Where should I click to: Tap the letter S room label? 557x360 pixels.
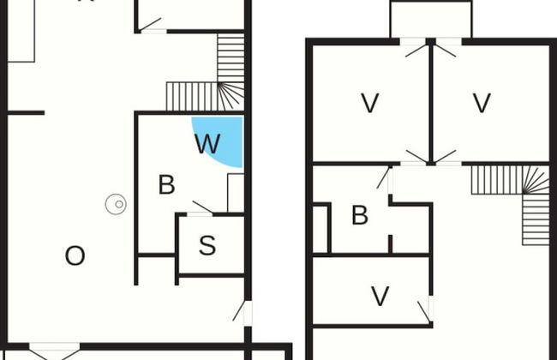[207, 245]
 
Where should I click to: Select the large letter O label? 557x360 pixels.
[75, 256]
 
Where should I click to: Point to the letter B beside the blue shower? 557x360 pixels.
[166, 184]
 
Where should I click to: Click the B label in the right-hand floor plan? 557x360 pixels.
[360, 215]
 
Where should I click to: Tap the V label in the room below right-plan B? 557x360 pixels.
[380, 296]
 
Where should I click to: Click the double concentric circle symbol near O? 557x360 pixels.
[116, 204]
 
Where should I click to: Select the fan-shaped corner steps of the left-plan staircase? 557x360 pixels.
[231, 96]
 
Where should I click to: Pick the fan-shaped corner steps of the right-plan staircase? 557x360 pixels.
[536, 181]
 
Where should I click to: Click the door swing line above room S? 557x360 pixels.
[202, 207]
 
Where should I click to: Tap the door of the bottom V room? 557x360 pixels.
[424, 312]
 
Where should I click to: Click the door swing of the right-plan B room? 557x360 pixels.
[383, 178]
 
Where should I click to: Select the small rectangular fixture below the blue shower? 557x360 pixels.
[236, 193]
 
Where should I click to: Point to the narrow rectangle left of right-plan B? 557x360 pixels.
[320, 229]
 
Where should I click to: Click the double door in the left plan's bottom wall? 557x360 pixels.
[54, 351]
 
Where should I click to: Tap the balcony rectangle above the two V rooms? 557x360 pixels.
[431, 19]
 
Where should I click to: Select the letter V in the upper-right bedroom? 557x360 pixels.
[482, 103]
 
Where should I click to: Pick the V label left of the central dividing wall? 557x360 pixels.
[370, 103]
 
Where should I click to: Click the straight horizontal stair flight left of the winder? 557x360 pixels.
[192, 96]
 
